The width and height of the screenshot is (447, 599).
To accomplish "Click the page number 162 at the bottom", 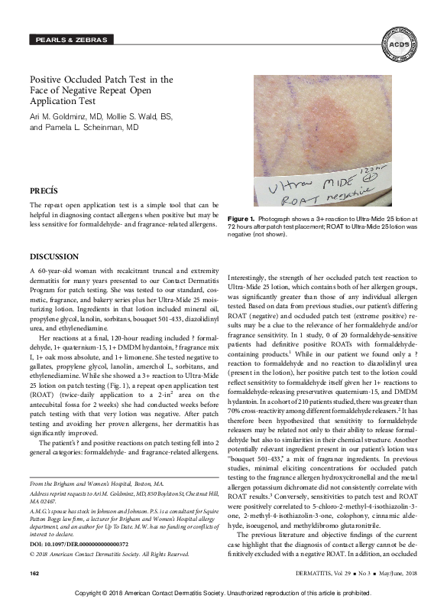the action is pyautogui.click(x=34, y=573).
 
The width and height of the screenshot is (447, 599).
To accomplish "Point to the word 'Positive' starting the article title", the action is pyautogui.click(x=47, y=79).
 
